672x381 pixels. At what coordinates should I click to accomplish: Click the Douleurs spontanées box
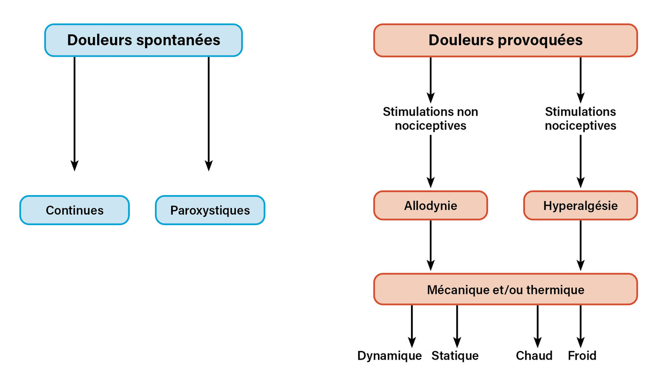click(x=143, y=40)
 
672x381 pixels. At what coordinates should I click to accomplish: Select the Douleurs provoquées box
click(x=505, y=40)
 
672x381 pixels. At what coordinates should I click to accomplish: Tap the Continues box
click(x=75, y=210)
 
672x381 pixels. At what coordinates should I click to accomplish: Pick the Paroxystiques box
click(x=210, y=210)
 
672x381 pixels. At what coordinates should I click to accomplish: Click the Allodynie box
click(x=430, y=205)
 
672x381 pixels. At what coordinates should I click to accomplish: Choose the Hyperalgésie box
click(x=580, y=205)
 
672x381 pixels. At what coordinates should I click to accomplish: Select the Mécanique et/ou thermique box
click(x=505, y=289)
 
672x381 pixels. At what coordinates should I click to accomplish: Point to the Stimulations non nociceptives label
click(x=430, y=119)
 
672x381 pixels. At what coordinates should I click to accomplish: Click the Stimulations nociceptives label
click(x=580, y=119)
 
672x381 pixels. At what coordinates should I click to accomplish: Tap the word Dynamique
click(x=390, y=356)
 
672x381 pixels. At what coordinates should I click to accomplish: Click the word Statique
click(x=455, y=356)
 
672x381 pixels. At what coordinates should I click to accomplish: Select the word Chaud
click(x=534, y=356)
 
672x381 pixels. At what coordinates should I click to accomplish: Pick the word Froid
click(x=582, y=356)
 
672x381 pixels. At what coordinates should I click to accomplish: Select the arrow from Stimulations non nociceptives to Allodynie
click(x=430, y=161)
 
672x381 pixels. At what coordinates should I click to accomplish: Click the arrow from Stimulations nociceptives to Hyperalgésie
click(x=580, y=161)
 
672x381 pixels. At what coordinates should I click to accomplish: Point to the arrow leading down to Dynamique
click(x=412, y=325)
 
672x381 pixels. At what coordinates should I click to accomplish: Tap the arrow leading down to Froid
click(x=580, y=325)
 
